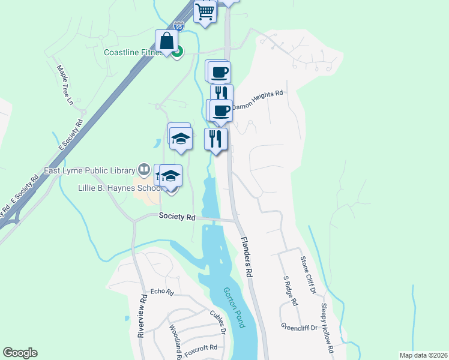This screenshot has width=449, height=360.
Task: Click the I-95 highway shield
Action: [178, 26]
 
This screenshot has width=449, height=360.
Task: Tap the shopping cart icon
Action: [205, 11]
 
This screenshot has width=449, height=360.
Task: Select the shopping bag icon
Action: [166, 41]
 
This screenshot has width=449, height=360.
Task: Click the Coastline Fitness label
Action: [133, 52]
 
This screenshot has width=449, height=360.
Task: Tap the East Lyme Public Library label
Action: [91, 170]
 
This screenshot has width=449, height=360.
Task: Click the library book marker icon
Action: [143, 168]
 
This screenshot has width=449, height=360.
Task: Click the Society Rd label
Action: [178, 217]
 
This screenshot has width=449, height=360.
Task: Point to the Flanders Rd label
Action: [247, 257]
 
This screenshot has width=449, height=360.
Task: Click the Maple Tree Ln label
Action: [65, 85]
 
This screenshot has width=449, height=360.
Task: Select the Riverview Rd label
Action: [142, 316]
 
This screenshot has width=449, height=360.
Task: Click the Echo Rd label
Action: [161, 292]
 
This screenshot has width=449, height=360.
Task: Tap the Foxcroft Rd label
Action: [201, 347]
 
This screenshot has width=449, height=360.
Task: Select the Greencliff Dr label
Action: [299, 327]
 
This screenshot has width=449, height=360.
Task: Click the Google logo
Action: [20, 353]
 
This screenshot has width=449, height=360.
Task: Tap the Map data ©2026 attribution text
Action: [423, 355]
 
